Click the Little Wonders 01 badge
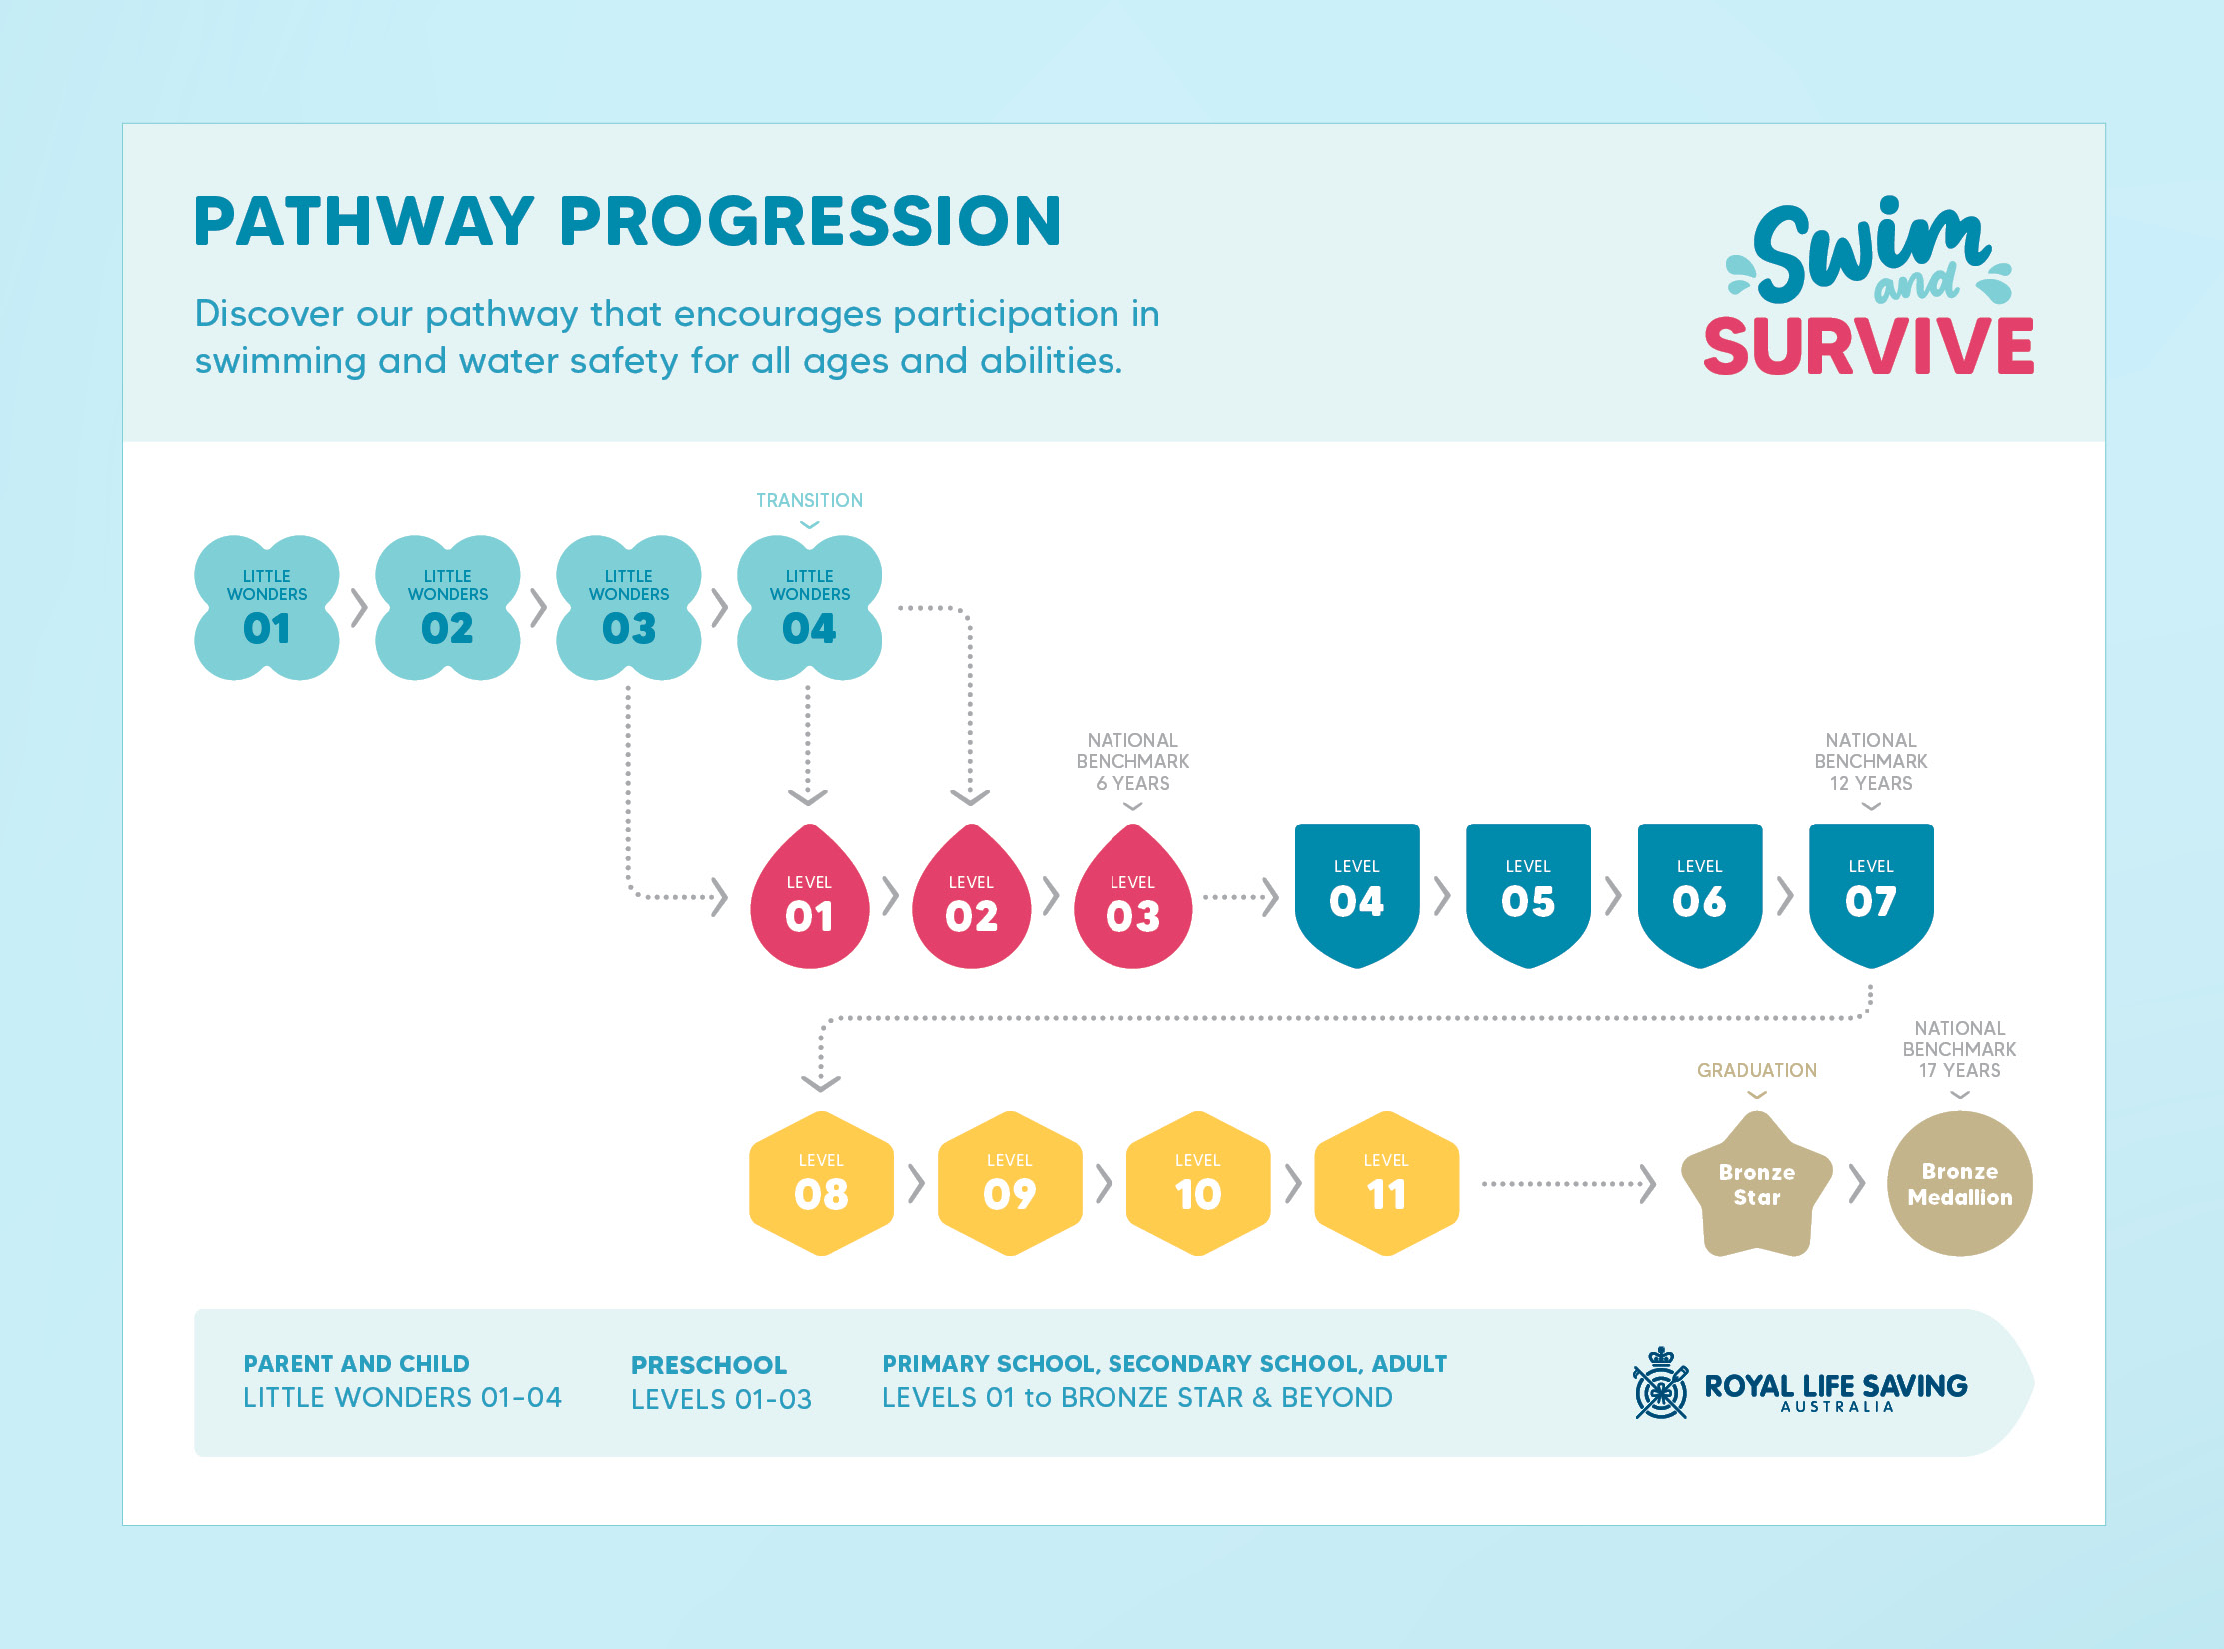267,608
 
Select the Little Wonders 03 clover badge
628,608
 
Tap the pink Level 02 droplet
971,902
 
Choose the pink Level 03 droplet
1132,902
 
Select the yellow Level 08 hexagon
821,1183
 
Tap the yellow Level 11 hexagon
1386,1183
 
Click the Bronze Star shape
1756,1185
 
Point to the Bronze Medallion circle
1959,1184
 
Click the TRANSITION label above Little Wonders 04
809,500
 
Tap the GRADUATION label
1756,1070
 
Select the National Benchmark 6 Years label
1132,761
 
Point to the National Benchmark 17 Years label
1959,1049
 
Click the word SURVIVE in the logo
1868,347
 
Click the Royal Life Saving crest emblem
1660,1384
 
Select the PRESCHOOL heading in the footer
708,1365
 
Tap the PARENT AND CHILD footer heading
356,1364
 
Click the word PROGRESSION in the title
810,221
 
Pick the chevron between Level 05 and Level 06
1613,896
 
